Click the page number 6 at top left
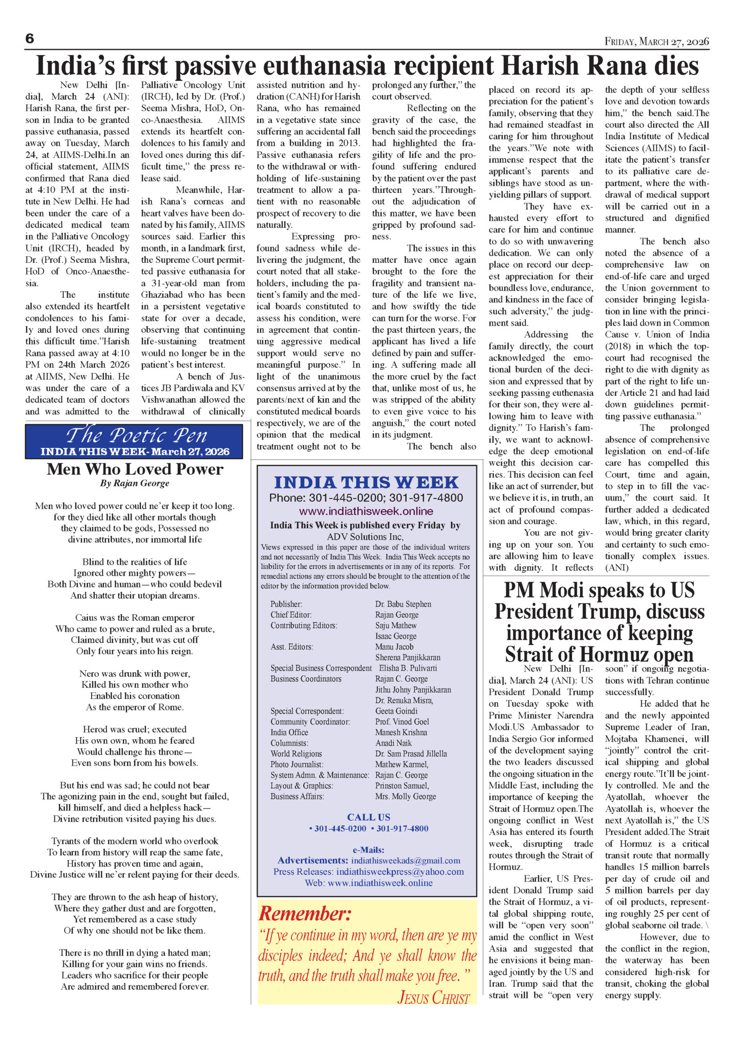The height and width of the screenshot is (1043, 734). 29,39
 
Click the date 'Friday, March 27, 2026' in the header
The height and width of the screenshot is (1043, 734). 656,42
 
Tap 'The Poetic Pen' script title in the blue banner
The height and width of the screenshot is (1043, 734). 136,436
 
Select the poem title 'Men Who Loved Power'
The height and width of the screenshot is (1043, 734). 135,469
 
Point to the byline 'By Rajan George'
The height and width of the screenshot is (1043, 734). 135,483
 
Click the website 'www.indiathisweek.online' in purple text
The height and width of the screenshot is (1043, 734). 366,511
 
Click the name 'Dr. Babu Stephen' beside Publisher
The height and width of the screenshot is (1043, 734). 403,604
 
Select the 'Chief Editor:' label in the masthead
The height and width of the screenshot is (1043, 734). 291,615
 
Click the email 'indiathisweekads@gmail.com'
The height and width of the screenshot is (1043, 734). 406,860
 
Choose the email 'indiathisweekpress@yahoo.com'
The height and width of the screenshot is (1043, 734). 400,872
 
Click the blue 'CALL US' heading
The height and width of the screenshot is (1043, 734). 369,817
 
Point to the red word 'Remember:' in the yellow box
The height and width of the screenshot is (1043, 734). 305,914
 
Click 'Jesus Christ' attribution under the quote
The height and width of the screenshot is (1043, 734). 433,998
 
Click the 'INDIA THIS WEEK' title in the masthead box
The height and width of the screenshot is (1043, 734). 366,482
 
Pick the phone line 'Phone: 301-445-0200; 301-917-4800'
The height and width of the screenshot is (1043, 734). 366,498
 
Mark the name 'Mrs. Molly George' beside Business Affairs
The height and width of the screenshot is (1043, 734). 406,796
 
